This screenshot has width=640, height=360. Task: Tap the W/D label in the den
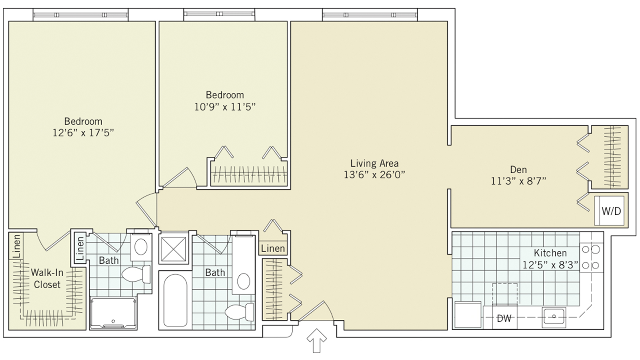(x=611, y=211)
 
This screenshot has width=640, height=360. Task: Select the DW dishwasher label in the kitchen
(x=504, y=319)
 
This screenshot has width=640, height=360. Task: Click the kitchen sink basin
(x=554, y=317)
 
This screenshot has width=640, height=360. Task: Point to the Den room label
(x=518, y=169)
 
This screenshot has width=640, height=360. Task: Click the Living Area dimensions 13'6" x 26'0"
(x=374, y=174)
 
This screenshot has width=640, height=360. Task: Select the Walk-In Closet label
(x=47, y=278)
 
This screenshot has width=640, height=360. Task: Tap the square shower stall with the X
(x=173, y=249)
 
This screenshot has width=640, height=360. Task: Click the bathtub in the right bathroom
(x=175, y=300)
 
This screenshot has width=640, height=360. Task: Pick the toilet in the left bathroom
(x=136, y=274)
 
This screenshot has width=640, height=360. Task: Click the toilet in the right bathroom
(x=239, y=312)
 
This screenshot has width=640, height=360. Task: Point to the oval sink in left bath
(x=141, y=247)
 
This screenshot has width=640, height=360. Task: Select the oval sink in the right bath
(x=244, y=281)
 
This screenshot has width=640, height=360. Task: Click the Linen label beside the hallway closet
(x=273, y=249)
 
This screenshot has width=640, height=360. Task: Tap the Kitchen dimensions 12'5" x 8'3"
(x=550, y=265)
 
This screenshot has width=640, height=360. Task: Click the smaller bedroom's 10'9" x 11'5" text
(x=225, y=107)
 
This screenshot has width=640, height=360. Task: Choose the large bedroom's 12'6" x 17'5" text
(x=83, y=133)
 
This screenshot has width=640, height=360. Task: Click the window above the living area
(x=370, y=15)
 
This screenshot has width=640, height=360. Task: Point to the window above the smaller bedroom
(x=219, y=15)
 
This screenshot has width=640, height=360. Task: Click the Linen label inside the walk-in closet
(x=17, y=246)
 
